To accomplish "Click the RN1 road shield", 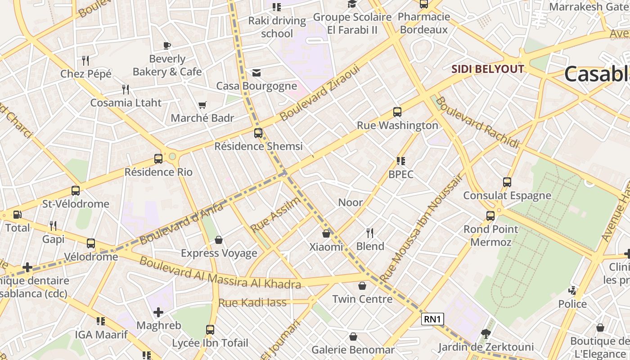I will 433,319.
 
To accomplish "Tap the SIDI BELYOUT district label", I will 488,69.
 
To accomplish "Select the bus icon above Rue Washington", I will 397,112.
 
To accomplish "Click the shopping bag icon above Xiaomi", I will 326,234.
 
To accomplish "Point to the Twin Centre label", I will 362,299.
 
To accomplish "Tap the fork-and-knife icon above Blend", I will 370,233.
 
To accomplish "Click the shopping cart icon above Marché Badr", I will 202,105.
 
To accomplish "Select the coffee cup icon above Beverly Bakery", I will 167,45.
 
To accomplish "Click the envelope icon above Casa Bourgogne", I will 256,72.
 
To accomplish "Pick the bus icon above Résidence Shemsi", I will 258,133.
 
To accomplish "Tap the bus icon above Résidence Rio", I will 158,158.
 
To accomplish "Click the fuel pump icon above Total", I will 18,215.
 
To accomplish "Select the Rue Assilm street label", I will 275,215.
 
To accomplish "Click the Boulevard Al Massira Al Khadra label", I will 220,272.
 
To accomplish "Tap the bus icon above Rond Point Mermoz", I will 490,216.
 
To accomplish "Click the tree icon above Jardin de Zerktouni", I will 486,333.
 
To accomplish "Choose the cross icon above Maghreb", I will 158,312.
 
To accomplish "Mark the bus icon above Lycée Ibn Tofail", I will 210,329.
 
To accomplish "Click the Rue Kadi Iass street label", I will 252,302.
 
